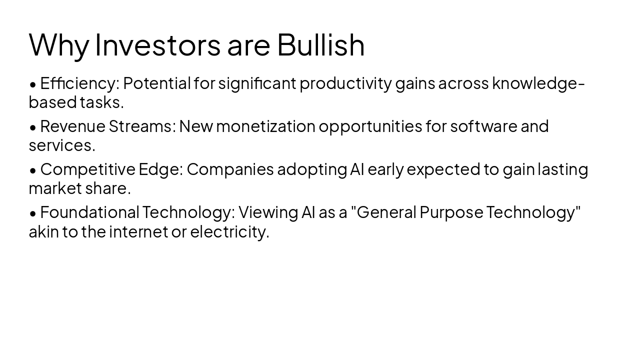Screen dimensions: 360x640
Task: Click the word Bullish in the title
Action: click(x=320, y=44)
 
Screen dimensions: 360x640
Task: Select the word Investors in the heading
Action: click(x=157, y=44)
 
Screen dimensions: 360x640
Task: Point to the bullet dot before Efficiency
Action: click(x=33, y=84)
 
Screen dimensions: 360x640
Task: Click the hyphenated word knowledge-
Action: click(x=538, y=83)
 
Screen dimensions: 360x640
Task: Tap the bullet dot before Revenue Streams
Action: click(x=33, y=127)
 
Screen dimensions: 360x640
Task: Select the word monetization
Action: click(x=265, y=126)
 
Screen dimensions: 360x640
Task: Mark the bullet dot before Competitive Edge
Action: click(x=33, y=170)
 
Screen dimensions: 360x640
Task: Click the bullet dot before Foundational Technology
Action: click(x=33, y=213)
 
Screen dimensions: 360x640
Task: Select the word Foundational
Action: click(x=89, y=212)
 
